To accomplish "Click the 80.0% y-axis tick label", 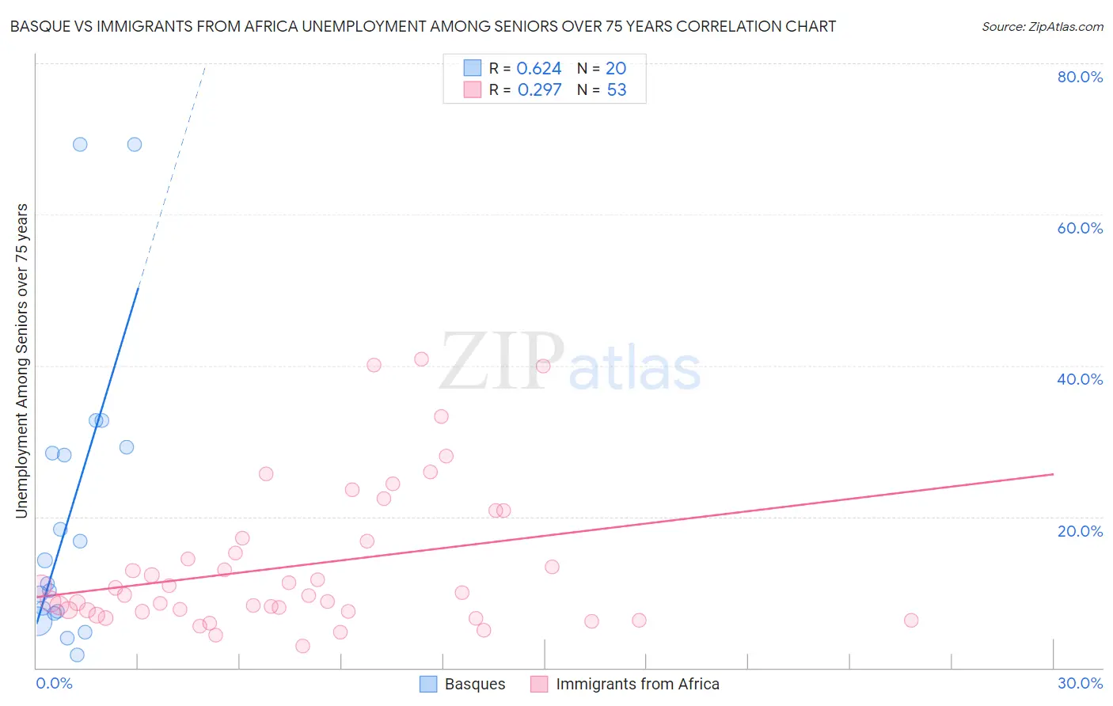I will [1080, 77].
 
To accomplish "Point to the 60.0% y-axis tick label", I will [1080, 228].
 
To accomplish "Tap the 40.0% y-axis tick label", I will [1080, 379].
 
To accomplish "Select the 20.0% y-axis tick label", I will [1080, 531].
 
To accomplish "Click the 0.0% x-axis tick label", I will [54, 683].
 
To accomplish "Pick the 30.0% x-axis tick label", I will [1080, 683].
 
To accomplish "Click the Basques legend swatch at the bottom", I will [428, 684].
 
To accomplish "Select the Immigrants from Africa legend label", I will [637, 684].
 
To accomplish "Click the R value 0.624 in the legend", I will [538, 69].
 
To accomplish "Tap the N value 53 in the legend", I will [616, 90].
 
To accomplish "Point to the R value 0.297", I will [539, 90].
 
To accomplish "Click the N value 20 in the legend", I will [615, 69].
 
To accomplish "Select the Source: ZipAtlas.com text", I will [1042, 27].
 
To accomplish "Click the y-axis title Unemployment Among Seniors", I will [21, 361].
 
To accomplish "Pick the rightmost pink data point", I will [911, 621].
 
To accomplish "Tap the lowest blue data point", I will [77, 655].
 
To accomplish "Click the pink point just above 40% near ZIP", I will [421, 359].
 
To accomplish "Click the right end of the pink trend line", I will [1053, 474].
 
